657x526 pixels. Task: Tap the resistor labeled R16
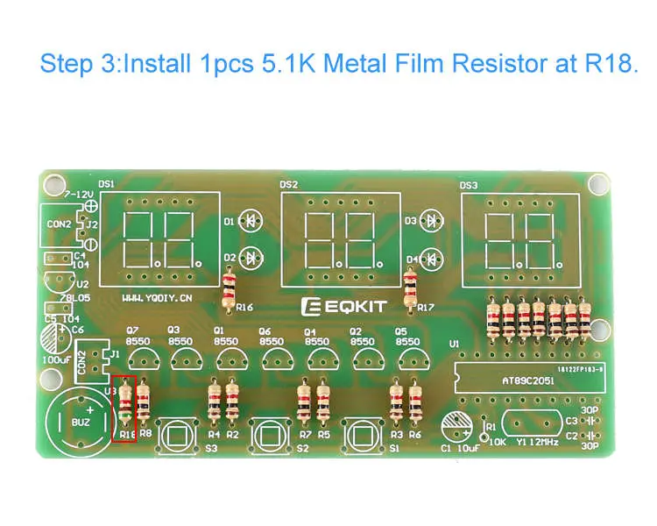230,288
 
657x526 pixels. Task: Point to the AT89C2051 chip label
503,382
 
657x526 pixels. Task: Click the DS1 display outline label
107,185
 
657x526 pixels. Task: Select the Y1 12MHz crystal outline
527,424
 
